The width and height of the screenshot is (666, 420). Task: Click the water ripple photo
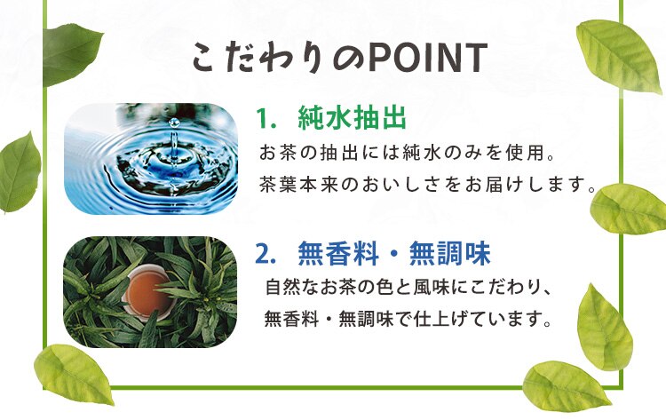pos(151,158)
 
